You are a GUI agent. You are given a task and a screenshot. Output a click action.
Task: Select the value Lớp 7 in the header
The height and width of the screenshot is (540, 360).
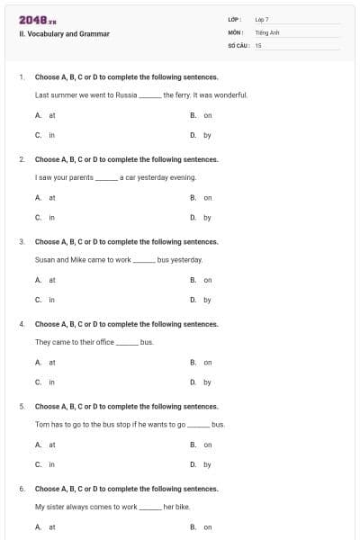click(x=262, y=19)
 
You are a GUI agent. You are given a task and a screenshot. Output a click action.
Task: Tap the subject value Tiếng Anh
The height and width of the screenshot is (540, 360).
click(x=265, y=31)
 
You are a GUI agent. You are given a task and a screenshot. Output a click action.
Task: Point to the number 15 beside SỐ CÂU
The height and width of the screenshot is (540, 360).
click(x=258, y=44)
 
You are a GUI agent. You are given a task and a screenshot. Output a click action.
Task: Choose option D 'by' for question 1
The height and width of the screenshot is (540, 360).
click(x=207, y=135)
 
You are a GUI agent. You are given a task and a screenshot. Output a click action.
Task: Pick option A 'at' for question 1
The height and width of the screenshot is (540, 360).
click(x=52, y=115)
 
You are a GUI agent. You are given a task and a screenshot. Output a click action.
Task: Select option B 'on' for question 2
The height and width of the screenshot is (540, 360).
click(x=207, y=197)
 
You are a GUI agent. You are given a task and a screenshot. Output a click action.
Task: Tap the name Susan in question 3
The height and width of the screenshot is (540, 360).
click(x=45, y=259)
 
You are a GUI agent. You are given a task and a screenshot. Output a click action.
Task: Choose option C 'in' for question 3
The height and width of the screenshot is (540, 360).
click(x=52, y=300)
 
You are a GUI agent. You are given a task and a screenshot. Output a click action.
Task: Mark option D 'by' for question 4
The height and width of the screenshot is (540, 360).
click(x=207, y=382)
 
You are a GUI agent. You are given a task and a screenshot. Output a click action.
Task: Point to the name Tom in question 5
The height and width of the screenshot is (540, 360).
click(x=41, y=424)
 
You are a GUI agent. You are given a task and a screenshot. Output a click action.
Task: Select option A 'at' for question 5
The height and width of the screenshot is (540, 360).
click(x=52, y=445)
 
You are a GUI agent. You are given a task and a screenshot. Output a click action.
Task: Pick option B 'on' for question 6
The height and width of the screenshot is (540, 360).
click(x=207, y=527)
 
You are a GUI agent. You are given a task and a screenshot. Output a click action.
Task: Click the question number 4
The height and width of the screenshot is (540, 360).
click(x=21, y=324)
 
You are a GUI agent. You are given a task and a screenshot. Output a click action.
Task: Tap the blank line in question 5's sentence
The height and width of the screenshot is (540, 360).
click(x=198, y=425)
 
